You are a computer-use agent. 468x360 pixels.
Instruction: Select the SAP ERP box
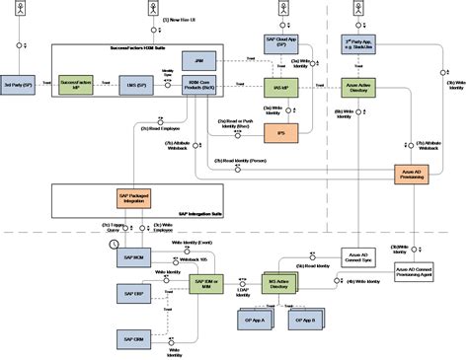click(x=132, y=295)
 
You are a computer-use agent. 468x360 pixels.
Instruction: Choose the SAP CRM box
click(x=132, y=334)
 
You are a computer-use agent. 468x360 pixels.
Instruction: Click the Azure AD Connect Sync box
click(x=356, y=255)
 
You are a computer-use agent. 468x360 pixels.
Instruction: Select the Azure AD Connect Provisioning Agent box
click(x=413, y=271)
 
